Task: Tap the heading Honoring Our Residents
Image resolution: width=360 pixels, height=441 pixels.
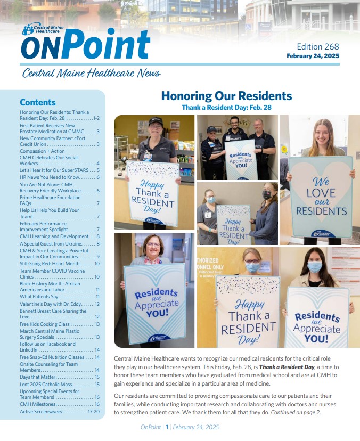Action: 226,96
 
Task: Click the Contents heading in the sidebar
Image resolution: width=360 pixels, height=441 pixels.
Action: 37,102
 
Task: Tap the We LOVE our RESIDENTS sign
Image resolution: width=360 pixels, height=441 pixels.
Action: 321,195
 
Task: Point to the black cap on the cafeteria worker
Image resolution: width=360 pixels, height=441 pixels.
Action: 156,121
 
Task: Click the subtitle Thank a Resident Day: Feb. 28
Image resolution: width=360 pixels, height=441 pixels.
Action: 226,107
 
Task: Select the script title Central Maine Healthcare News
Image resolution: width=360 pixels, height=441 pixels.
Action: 91,73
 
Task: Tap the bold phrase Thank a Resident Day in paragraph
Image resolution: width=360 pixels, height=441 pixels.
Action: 277,367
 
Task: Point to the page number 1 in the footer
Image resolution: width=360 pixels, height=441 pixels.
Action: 167,427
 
